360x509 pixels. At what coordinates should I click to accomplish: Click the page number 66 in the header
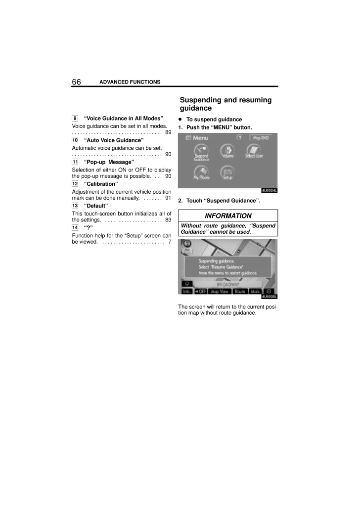tap(76, 82)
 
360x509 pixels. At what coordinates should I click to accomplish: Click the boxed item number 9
tap(74, 119)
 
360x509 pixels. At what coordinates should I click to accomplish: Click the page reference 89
tap(168, 132)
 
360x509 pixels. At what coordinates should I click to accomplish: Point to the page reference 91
tap(168, 198)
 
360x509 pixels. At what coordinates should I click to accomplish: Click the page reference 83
tap(168, 219)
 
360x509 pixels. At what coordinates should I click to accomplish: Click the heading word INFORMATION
tap(228, 216)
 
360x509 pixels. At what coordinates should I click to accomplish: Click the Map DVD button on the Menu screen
tap(261, 138)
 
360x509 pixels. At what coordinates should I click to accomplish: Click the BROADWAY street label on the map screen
tap(228, 285)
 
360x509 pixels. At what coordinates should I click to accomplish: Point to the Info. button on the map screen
tap(186, 292)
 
